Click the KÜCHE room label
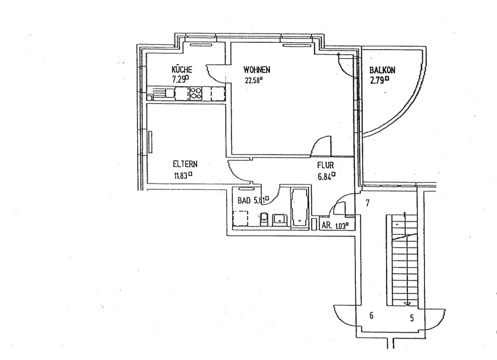[181, 70]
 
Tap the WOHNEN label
[256, 69]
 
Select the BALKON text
[381, 71]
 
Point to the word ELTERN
[185, 164]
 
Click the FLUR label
[326, 165]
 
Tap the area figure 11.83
[182, 175]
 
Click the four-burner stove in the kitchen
[195, 92]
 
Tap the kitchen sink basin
[169, 92]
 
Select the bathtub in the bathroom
[300, 206]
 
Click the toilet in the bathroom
[264, 218]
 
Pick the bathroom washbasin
[280, 218]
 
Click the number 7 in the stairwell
[368, 203]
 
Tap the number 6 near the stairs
[371, 315]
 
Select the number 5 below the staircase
[412, 319]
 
